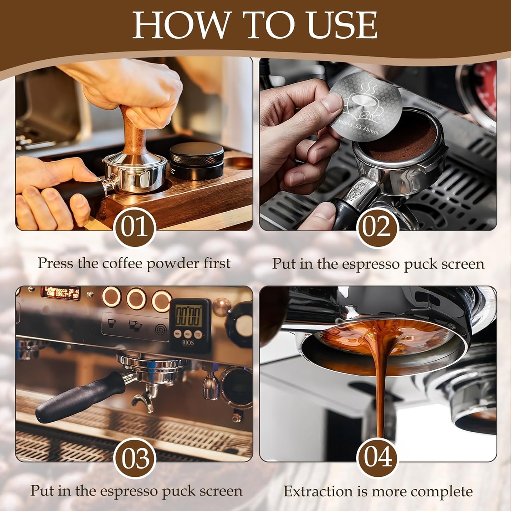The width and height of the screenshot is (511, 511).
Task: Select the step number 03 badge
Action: (135, 458)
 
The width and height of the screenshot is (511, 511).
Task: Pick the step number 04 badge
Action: (378, 458)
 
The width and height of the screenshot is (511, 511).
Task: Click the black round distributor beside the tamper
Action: (196, 160)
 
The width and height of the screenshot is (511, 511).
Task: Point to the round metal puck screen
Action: (358, 105)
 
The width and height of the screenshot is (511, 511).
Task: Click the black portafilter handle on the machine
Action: (80, 396)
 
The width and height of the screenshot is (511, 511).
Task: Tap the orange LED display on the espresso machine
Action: (60, 293)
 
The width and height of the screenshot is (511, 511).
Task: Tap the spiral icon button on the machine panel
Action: (161, 330)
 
